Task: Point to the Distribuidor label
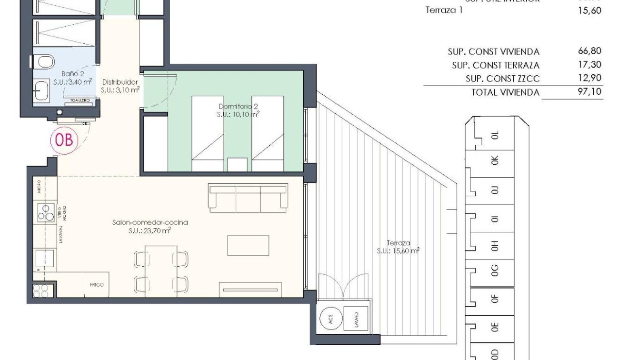120,81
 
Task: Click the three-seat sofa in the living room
248,197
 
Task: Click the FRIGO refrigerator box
97,285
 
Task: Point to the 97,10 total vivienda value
589,91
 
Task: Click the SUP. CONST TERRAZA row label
495,65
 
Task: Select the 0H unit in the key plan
495,245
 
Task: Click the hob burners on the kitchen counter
46,212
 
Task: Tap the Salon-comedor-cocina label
150,222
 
